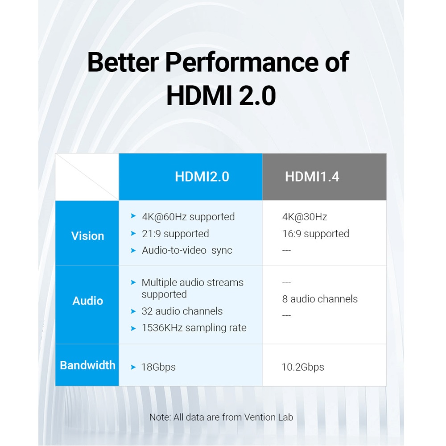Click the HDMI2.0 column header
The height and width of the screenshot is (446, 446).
coord(202,177)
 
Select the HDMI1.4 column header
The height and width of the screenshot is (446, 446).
coord(312,177)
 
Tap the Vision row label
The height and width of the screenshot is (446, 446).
coord(87,236)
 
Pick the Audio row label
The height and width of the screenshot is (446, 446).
coord(87,301)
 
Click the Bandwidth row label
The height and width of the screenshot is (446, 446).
coord(87,365)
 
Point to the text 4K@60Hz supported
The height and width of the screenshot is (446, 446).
coord(188,217)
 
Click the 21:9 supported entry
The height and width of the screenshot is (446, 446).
coord(175,234)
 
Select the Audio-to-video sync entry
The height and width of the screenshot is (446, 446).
coord(187,250)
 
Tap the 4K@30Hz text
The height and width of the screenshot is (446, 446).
coord(305,217)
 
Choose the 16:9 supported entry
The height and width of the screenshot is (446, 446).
coord(316,234)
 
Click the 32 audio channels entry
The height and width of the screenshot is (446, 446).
coord(182,311)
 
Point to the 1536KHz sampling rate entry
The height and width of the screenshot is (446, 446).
coord(194,328)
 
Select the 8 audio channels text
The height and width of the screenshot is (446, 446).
coord(320,299)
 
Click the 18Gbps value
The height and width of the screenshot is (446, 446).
coord(158,367)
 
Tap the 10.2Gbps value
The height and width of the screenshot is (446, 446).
coord(303,367)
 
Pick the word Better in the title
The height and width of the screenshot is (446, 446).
coord(123,62)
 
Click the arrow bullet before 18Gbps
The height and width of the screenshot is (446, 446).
coord(133,367)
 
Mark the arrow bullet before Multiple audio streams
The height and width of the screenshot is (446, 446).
coord(133,282)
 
